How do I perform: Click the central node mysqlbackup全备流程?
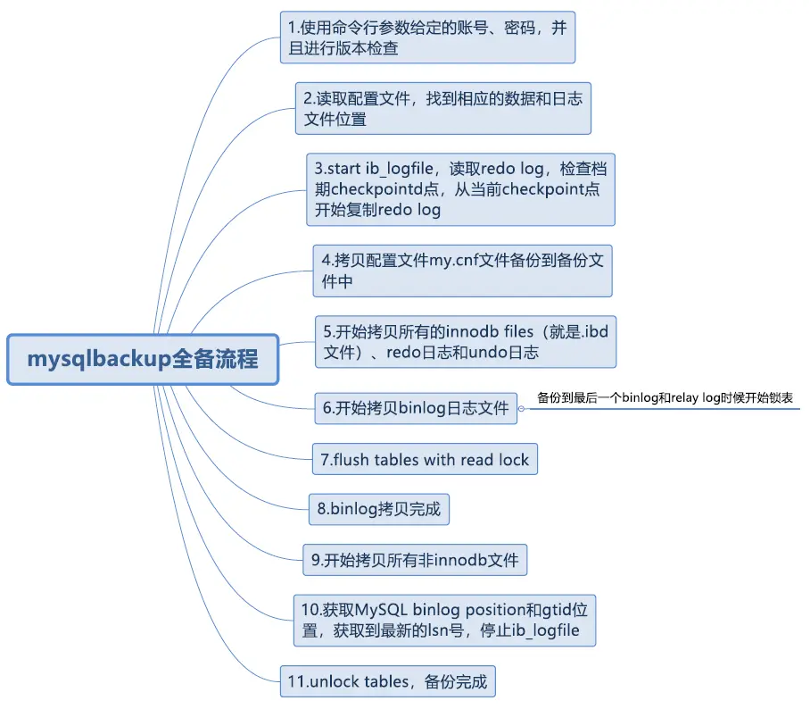(143, 359)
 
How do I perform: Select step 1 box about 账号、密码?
(427, 38)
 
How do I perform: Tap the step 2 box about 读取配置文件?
(443, 109)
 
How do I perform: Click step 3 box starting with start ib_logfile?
(460, 190)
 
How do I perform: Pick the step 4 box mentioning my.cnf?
(461, 271)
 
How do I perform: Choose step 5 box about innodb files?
(466, 341)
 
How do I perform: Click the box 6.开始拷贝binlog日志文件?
(416, 408)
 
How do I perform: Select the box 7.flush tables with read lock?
(425, 460)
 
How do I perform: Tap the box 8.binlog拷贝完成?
(378, 510)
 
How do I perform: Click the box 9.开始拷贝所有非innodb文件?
(415, 560)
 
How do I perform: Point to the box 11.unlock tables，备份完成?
(386, 682)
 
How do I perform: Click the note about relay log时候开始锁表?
(665, 397)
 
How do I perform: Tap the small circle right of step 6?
(522, 408)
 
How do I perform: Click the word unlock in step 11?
(335, 682)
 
